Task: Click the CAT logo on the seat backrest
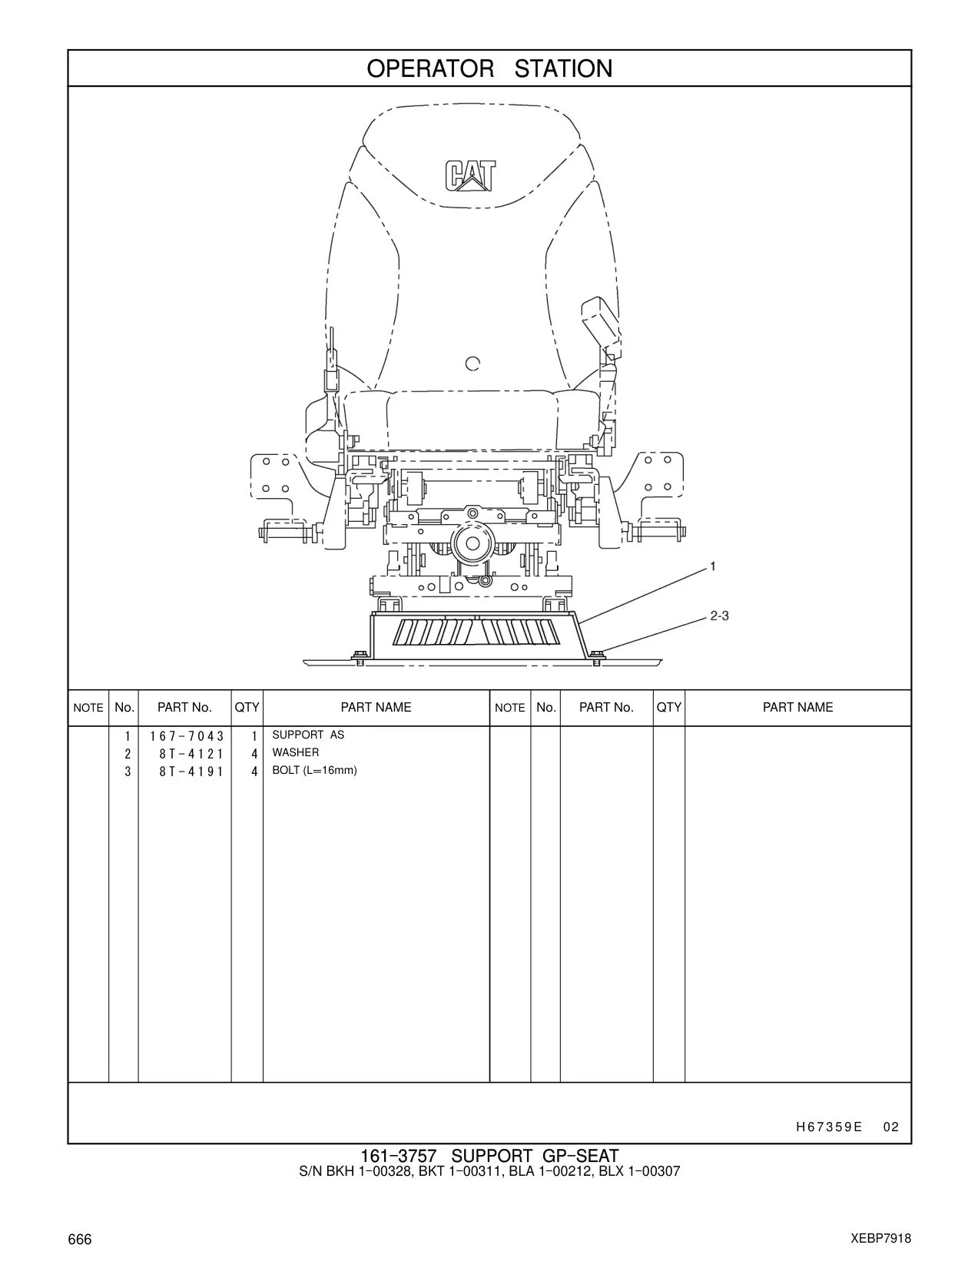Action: tap(470, 176)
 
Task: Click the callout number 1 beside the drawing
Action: tap(712, 566)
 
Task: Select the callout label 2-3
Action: tap(719, 616)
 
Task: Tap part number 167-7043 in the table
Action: tap(187, 736)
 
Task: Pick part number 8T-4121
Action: tap(191, 754)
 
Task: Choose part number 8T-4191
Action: tap(191, 772)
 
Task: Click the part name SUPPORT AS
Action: tap(308, 735)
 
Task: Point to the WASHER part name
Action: tap(296, 752)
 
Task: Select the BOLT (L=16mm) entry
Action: tap(314, 770)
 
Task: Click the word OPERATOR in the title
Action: tap(429, 69)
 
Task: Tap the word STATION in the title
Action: tap(563, 69)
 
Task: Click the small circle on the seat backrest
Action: tap(472, 363)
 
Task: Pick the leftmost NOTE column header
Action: tap(88, 708)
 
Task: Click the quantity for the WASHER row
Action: tap(254, 754)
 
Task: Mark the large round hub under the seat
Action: tap(473, 544)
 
